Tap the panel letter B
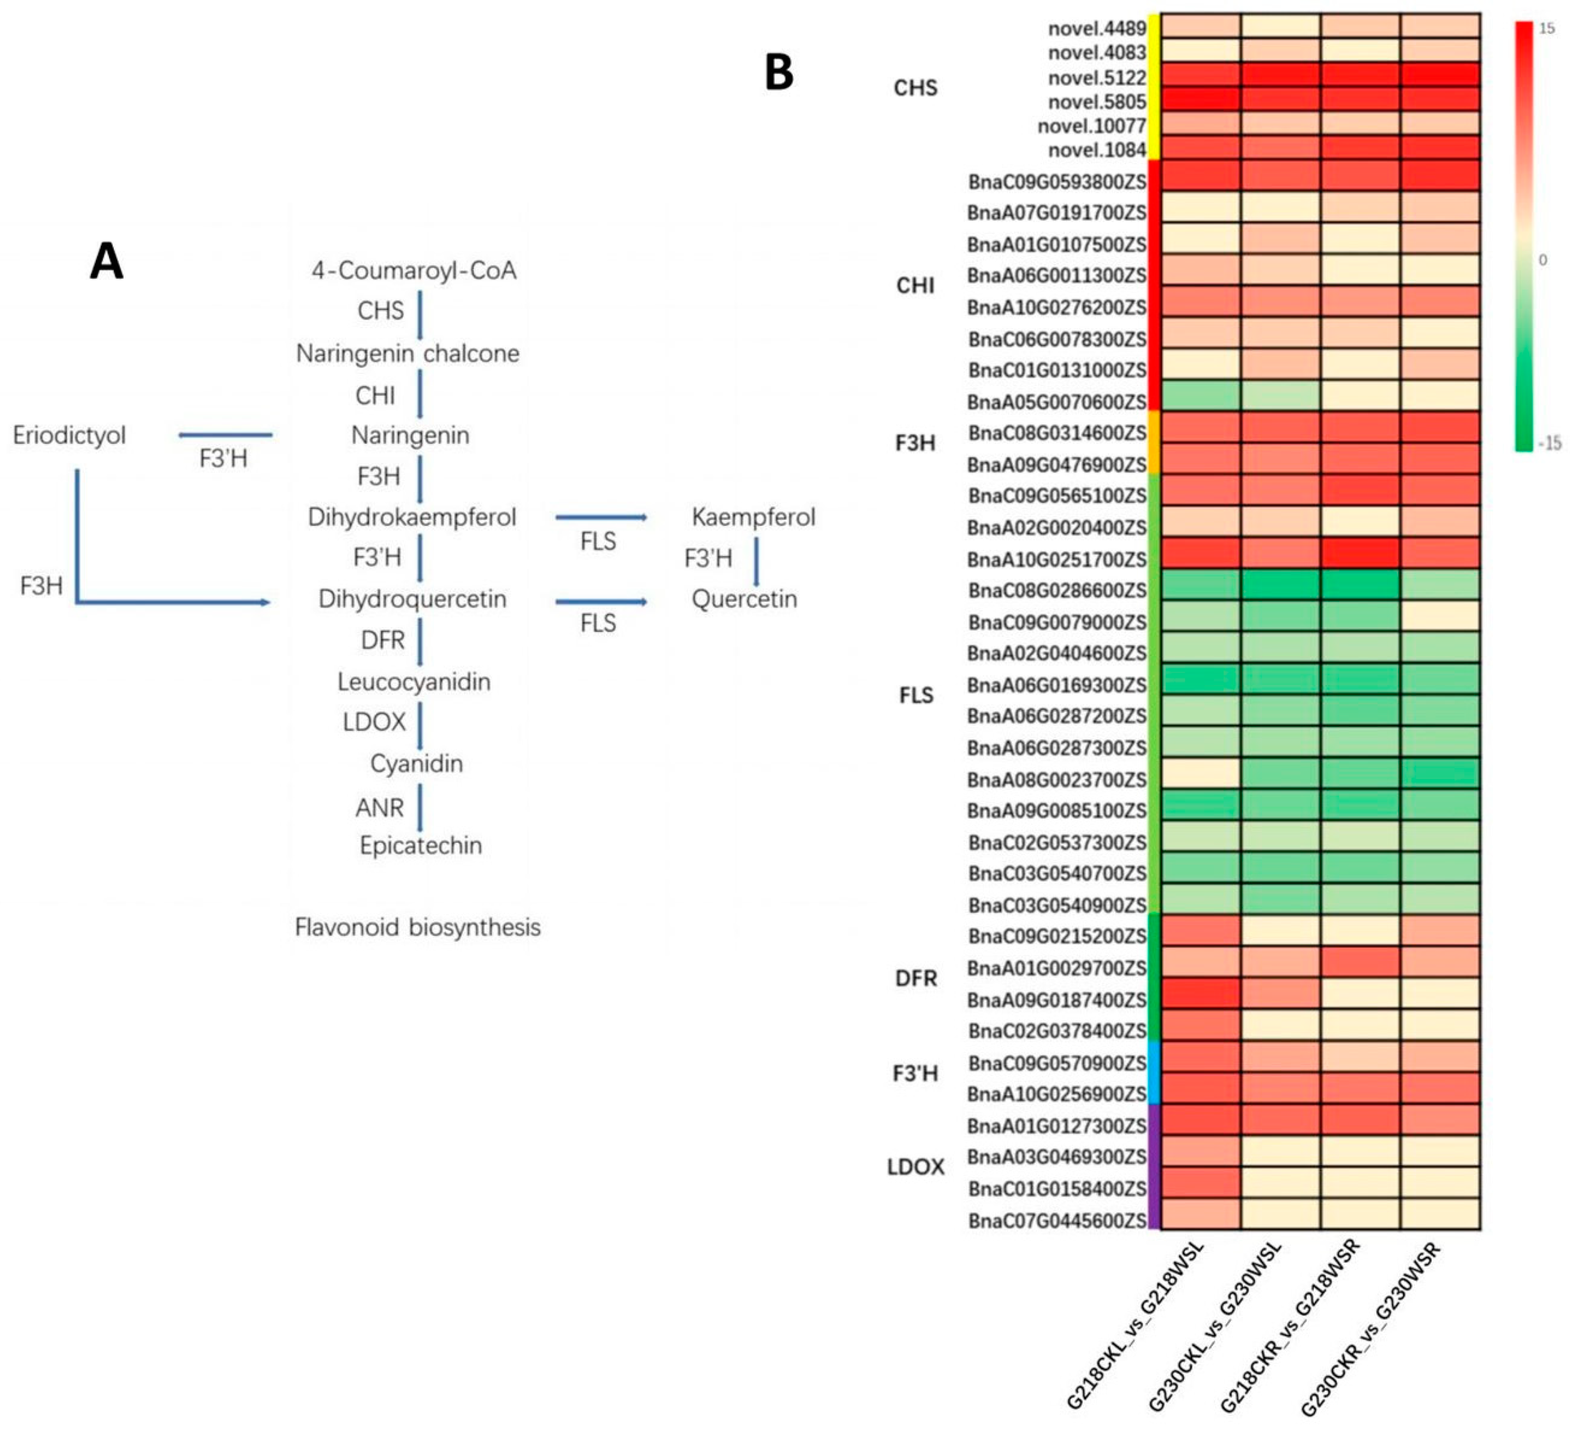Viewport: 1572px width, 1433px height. click(779, 72)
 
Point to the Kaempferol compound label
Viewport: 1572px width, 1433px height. click(753, 517)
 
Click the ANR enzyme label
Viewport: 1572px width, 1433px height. click(380, 808)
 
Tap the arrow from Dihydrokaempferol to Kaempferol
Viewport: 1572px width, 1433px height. click(601, 517)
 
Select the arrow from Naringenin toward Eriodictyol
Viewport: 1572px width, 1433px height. click(226, 435)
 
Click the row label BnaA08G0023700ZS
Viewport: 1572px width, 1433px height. click(1057, 780)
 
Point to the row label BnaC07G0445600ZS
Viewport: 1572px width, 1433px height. click(1057, 1220)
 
